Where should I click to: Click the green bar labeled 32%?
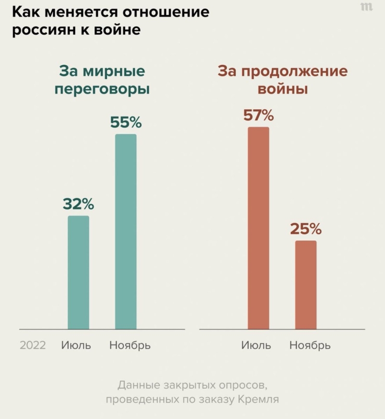pos(78,272)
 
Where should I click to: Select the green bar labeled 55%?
pos(126,231)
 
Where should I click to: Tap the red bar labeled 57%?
pos(258,228)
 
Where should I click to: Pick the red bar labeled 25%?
pos(306,285)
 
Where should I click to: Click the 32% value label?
pos(78,204)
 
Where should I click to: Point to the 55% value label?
pos(126,123)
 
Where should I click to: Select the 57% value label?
pos(258,115)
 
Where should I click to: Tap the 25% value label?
pos(306,229)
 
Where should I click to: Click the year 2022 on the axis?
pos(33,345)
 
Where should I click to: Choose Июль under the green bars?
pos(76,345)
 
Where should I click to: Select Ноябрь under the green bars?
pos(130,345)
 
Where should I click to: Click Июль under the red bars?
pos(256,345)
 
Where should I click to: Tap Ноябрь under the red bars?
pos(310,345)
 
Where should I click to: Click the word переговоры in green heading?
pos(102,90)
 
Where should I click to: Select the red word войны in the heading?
pos(282,89)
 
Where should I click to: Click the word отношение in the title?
pos(168,12)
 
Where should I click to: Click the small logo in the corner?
pos(366,7)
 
